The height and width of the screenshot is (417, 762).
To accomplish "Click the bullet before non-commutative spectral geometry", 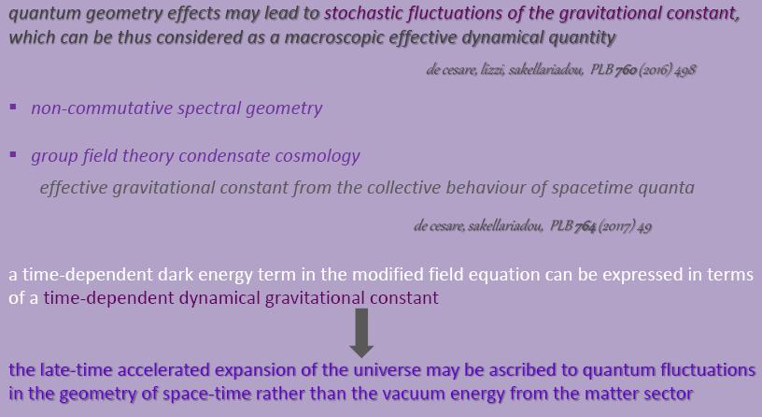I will tap(13, 107).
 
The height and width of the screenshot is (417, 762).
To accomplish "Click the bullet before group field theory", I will tap(13, 154).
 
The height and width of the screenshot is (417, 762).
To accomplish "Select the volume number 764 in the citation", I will tap(586, 227).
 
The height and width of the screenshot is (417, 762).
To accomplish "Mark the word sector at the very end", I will tap(666, 394).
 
